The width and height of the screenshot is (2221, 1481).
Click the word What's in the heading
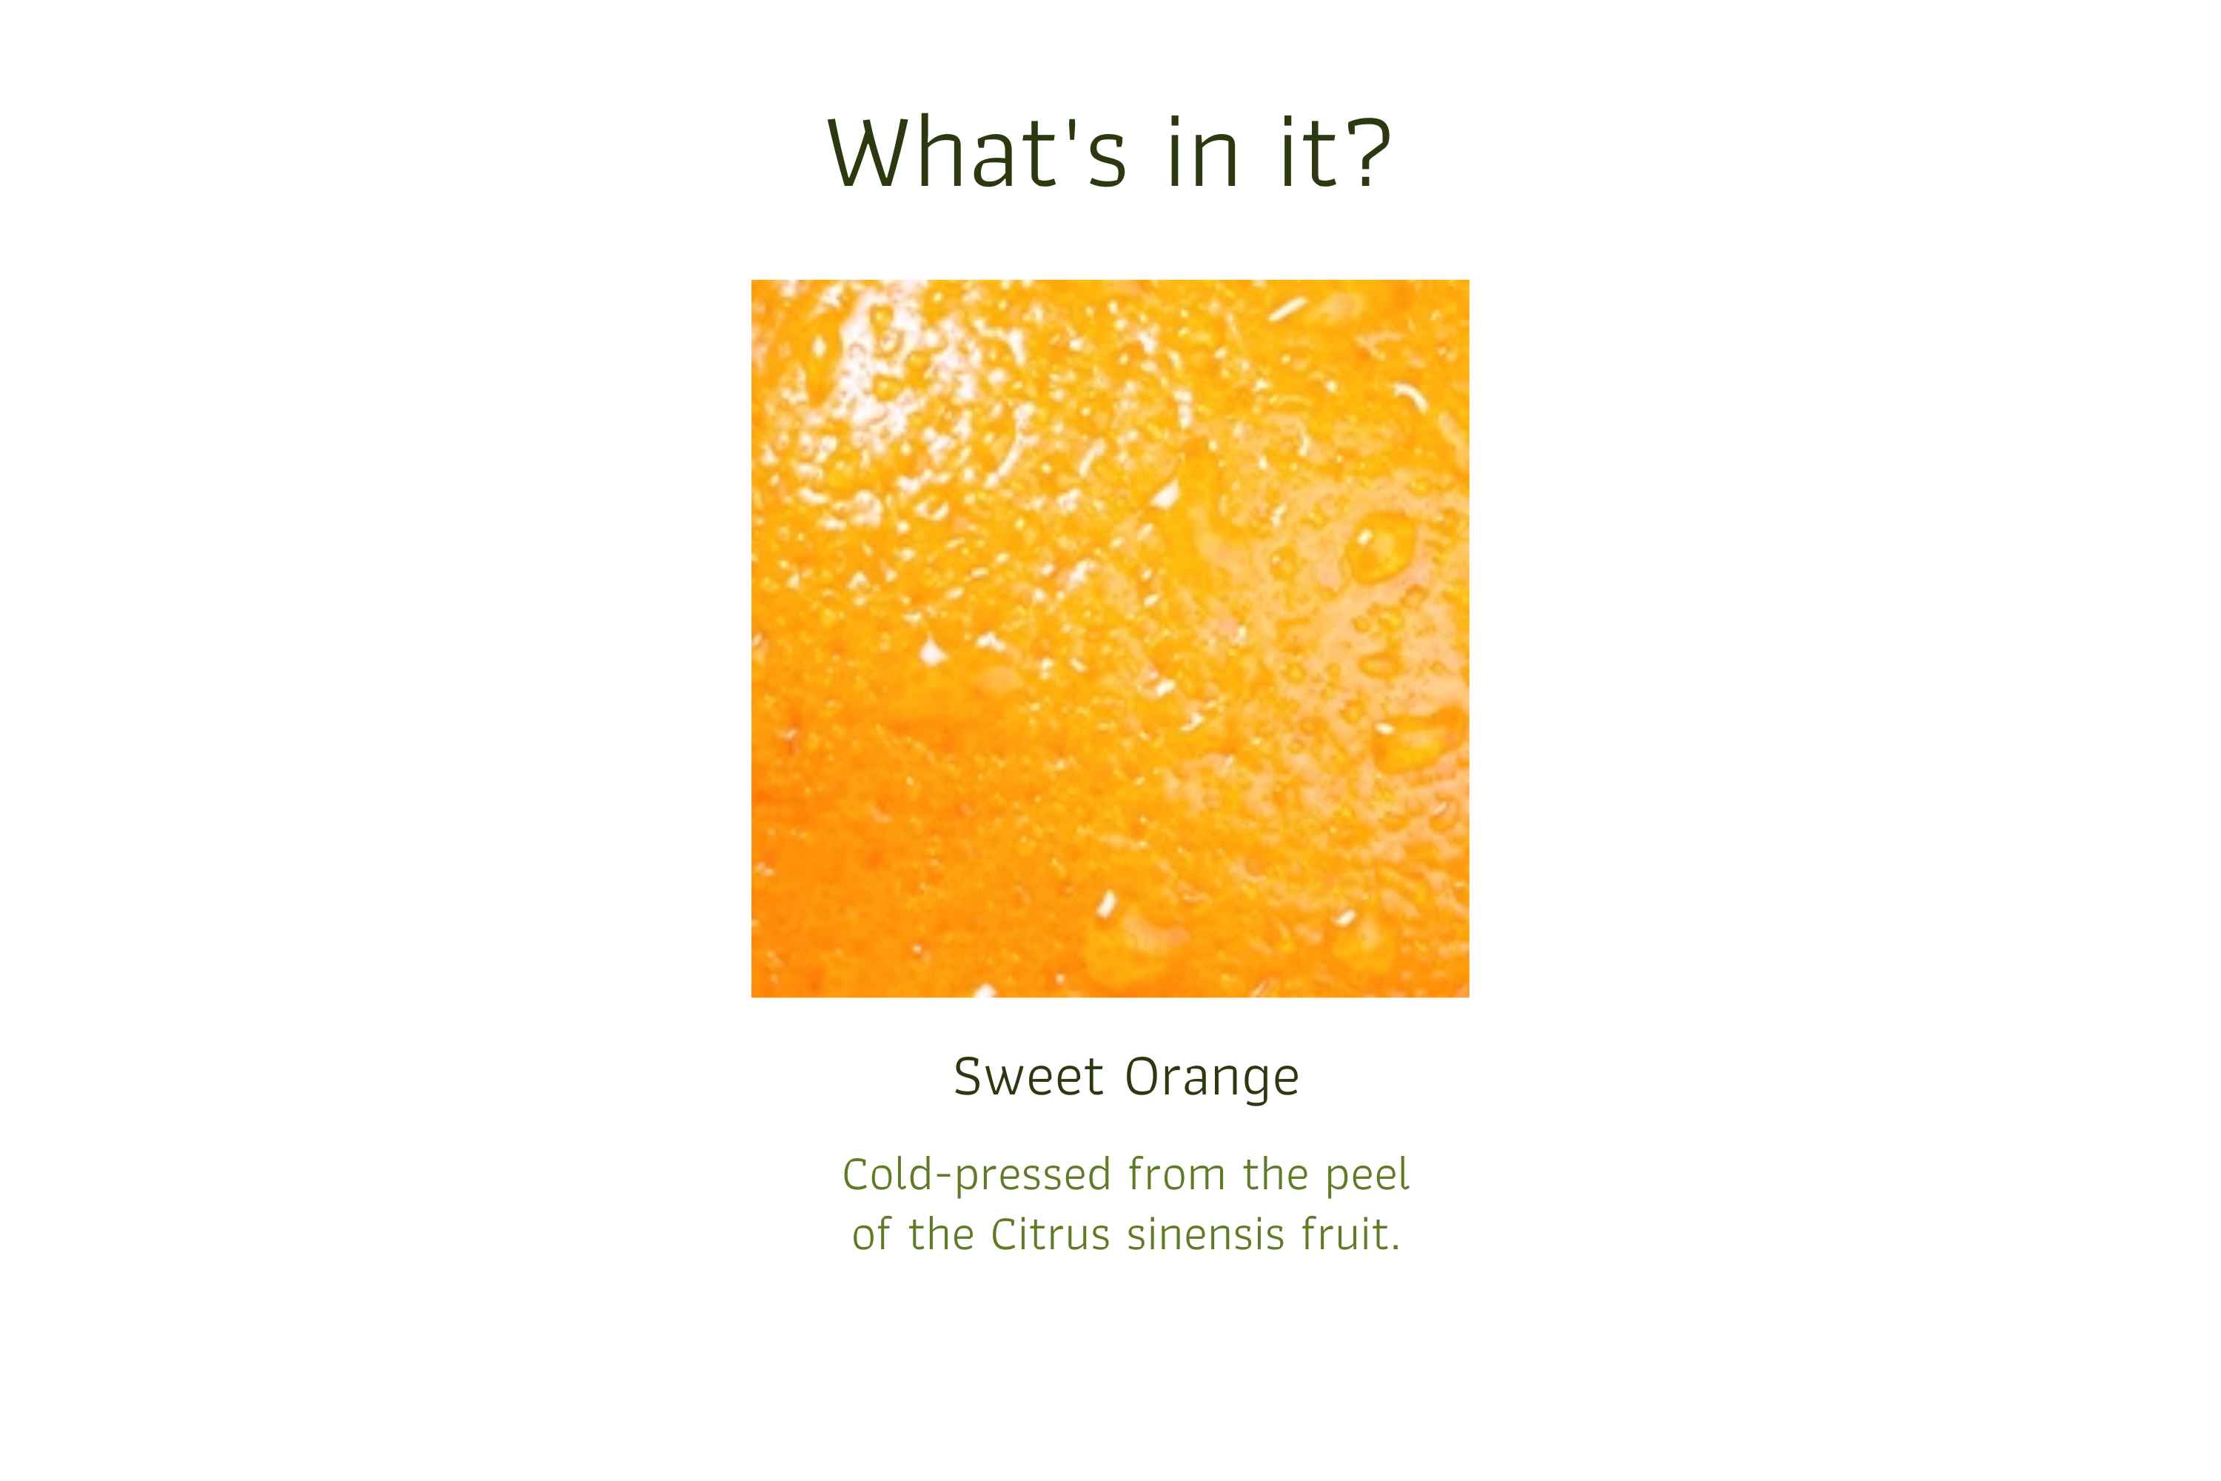pyautogui.click(x=976, y=151)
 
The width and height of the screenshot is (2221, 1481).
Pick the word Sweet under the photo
pyautogui.click(x=1028, y=1076)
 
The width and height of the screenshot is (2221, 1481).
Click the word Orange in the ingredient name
pyautogui.click(x=1211, y=1079)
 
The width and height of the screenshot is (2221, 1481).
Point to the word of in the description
pyautogui.click(x=871, y=1234)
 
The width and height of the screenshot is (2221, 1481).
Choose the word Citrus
pyautogui.click(x=1050, y=1234)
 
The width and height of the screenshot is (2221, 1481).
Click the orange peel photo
pyautogui.click(x=1110, y=638)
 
